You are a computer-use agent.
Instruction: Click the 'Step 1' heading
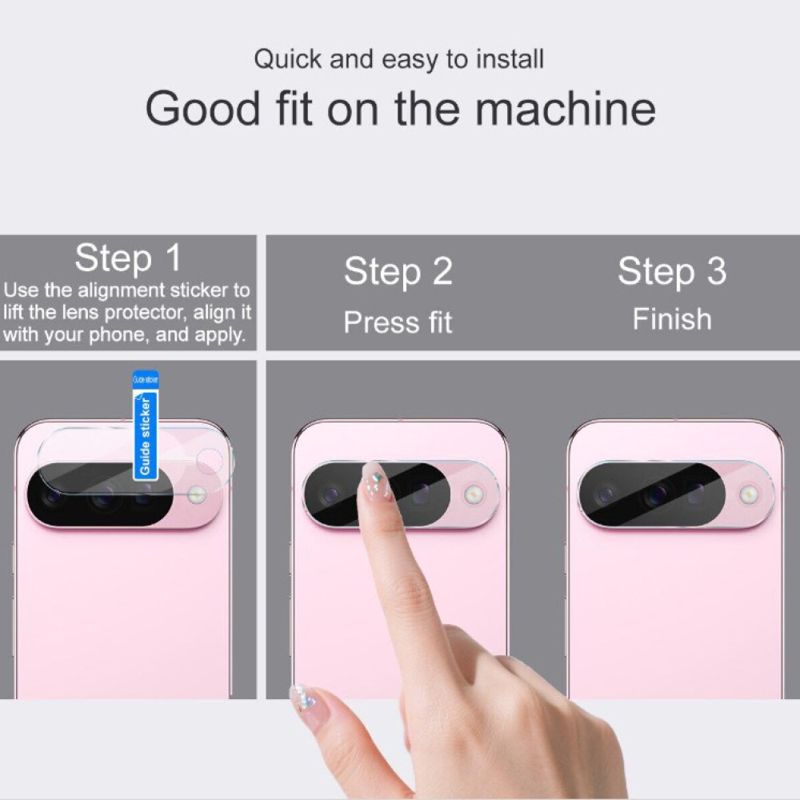tap(128, 258)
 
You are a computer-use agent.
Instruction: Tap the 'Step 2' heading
tap(398, 271)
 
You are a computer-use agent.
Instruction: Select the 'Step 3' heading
tap(672, 270)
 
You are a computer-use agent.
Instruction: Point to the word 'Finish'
tap(672, 319)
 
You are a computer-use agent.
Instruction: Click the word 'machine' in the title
tap(566, 108)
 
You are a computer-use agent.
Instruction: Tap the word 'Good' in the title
tap(202, 108)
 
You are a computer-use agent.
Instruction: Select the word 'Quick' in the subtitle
tap(288, 59)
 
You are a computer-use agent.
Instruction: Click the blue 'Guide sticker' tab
tap(146, 426)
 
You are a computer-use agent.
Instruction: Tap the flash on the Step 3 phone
tap(749, 494)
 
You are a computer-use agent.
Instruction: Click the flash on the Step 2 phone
tap(474, 494)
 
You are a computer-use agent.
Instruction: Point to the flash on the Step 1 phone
tap(197, 494)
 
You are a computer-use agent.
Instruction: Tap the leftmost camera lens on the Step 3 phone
tap(606, 494)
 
